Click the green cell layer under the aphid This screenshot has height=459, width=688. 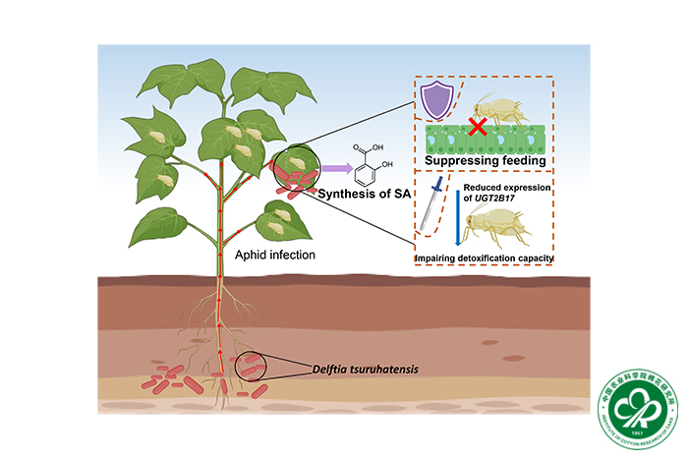click(482, 139)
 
